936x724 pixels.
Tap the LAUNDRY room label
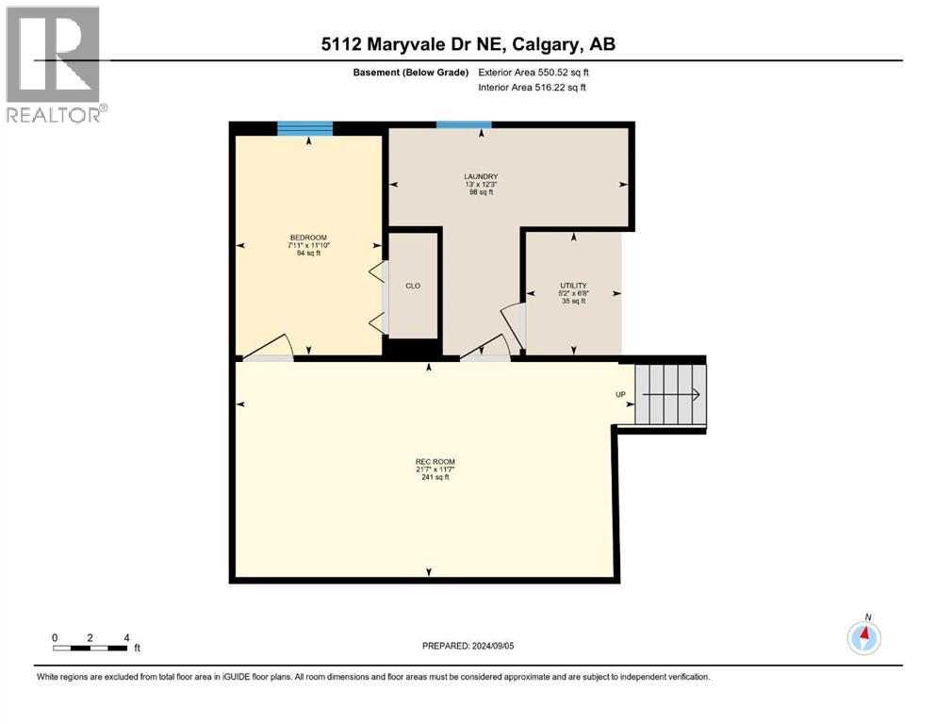(482, 176)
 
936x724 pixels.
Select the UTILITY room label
(573, 286)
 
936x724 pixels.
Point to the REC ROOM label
(429, 461)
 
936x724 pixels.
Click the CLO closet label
(413, 286)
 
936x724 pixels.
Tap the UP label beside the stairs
(620, 395)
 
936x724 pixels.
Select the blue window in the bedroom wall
(305, 129)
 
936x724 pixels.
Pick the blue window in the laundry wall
(464, 124)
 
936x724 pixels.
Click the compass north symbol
(863, 638)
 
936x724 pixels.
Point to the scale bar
(90, 648)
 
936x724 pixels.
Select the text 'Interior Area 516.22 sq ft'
(534, 88)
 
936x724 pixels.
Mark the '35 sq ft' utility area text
(573, 302)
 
